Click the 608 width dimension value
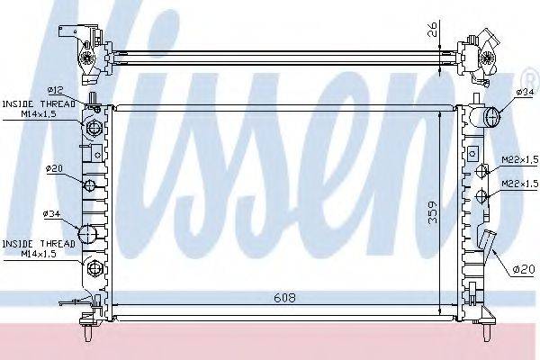coord(283,297)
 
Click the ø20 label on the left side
coord(52,167)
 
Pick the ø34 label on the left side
coord(50,213)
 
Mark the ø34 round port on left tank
coord(88,235)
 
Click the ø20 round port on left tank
coord(90,186)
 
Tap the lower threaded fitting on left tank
coord(94,267)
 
